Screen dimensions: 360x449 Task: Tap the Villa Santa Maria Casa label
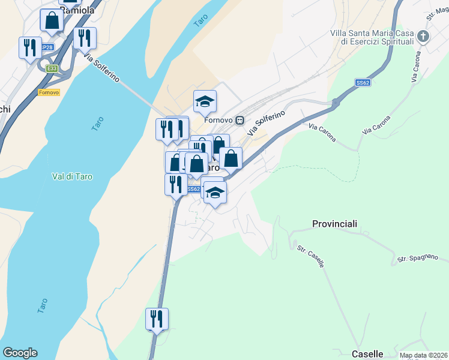coord(372,33)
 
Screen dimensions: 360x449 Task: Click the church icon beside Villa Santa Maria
coord(424,37)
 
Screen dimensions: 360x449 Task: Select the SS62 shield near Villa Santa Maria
coord(362,82)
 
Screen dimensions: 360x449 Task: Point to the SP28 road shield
coord(48,46)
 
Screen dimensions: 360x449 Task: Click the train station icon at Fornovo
coord(240,120)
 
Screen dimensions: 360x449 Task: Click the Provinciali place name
coord(334,224)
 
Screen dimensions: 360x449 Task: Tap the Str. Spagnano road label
coord(422,259)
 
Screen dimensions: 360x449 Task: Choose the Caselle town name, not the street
coord(367,354)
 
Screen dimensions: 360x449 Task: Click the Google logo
coord(20,353)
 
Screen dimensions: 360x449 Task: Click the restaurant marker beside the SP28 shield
coord(29,47)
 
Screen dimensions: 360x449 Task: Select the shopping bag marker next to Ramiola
coord(52,20)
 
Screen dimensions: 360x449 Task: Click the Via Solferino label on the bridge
coord(103,69)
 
